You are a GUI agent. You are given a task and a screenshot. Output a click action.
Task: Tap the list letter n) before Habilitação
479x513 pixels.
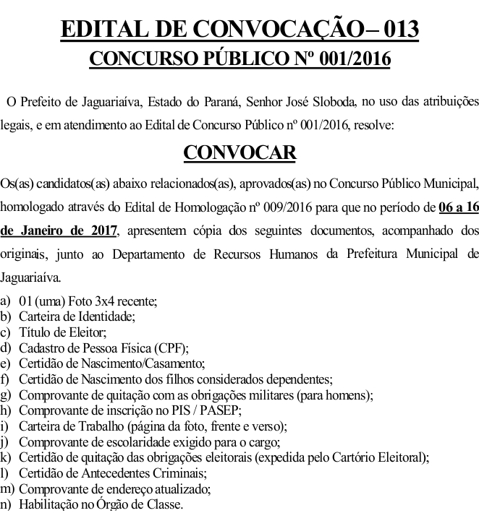7,505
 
